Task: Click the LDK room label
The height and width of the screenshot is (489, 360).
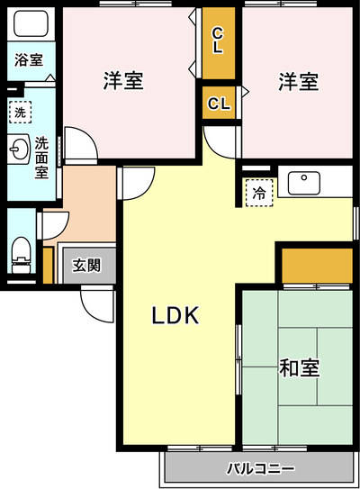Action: pos(175,315)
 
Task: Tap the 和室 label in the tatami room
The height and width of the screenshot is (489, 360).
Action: pos(299,368)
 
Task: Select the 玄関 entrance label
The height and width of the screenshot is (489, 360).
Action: pos(86,266)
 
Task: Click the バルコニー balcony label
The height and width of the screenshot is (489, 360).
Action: pos(260,468)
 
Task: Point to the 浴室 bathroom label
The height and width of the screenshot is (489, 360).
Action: pos(29,59)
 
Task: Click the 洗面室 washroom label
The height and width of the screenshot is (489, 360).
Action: pos(41,158)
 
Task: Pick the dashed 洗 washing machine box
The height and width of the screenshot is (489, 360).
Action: pos(21,112)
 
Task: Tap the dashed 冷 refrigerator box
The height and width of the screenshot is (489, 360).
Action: pos(259,193)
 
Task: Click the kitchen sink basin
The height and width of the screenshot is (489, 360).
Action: pos(304,183)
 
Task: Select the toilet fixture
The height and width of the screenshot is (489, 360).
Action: pos(22,255)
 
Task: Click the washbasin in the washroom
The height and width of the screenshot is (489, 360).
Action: pos(18,149)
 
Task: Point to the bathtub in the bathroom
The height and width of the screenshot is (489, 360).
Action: pos(31,23)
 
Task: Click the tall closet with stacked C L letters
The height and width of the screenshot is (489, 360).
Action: pos(219,43)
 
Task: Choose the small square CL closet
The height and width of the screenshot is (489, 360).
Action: pos(219,103)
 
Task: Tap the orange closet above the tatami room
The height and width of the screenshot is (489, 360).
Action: pos(318,266)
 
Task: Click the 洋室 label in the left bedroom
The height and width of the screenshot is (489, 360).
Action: pos(123,81)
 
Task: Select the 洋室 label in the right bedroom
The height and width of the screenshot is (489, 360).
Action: pos(299,81)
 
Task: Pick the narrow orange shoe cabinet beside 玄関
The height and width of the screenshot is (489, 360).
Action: pos(48,266)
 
